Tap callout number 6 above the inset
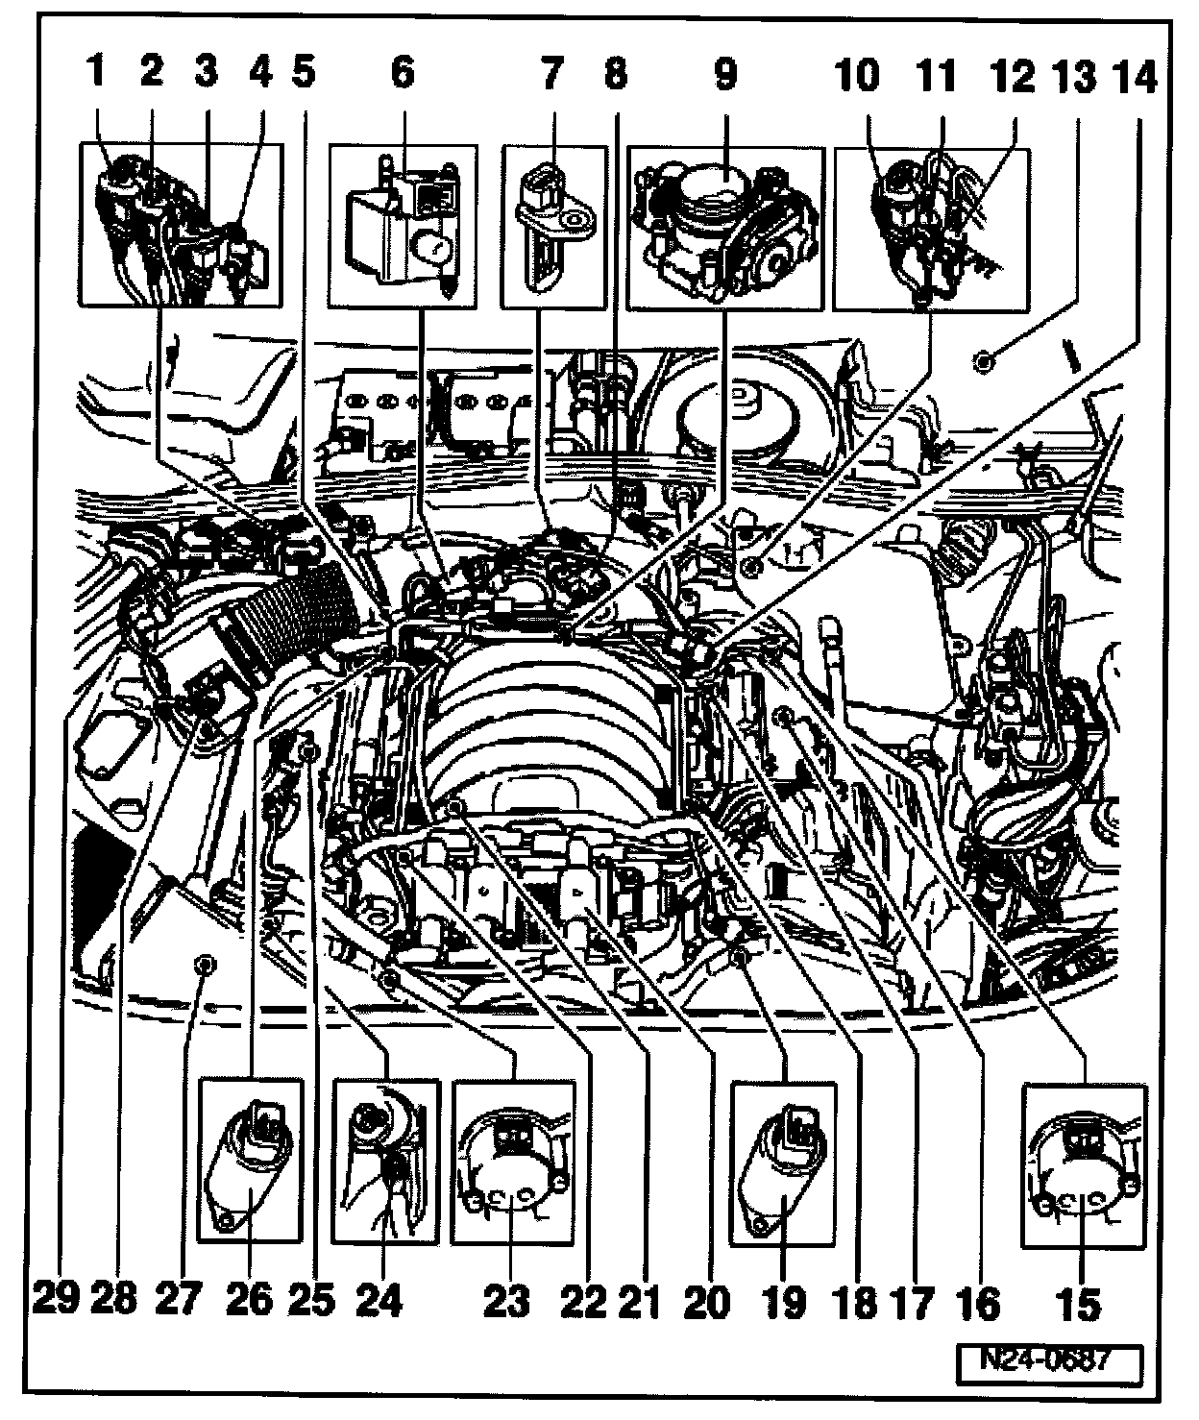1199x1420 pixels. click(402, 73)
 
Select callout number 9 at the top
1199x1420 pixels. click(724, 73)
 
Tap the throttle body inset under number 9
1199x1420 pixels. click(725, 228)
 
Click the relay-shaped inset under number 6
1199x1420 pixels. click(403, 228)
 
